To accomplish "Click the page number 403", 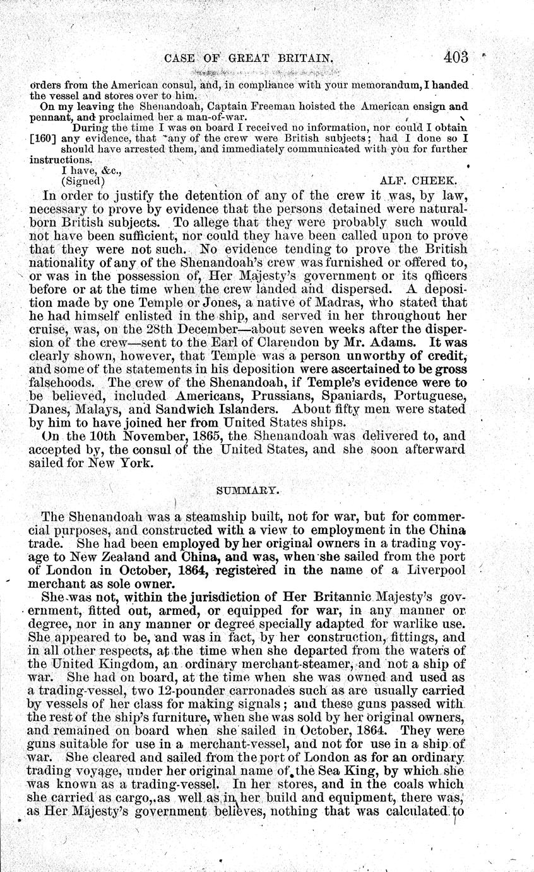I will [x=455, y=58].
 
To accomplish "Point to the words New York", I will [x=123, y=463].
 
